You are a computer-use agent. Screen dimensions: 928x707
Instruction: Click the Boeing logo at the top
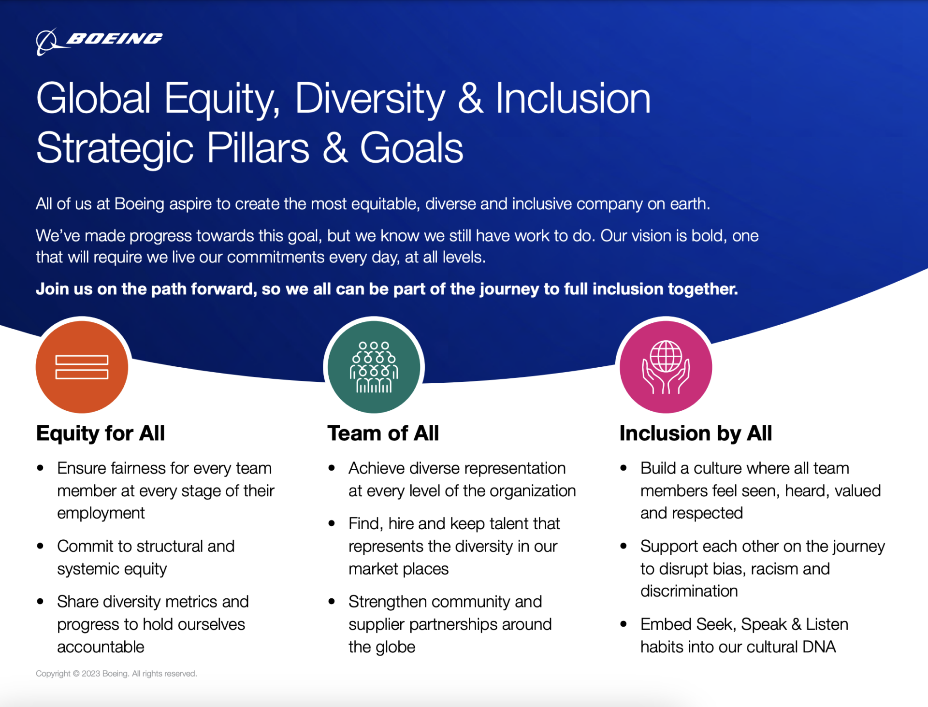(x=99, y=41)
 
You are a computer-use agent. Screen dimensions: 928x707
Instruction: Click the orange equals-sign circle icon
(x=82, y=367)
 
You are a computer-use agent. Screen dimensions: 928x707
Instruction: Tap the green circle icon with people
(x=374, y=367)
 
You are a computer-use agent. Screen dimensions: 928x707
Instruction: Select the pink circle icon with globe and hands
(x=666, y=367)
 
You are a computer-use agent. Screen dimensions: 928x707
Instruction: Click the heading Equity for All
(x=101, y=433)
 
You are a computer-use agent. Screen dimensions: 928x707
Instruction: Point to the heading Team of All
(x=383, y=433)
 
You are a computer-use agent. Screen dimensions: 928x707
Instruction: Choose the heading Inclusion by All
(x=696, y=433)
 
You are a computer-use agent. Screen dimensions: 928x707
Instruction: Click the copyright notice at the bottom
(x=116, y=674)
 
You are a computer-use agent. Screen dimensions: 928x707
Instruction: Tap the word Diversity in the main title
(x=370, y=99)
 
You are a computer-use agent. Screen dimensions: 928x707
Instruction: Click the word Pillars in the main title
(x=258, y=148)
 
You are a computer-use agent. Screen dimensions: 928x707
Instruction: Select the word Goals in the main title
(x=411, y=148)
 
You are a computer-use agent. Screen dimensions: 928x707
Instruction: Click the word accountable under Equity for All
(x=101, y=647)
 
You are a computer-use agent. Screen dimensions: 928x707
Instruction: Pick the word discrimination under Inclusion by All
(x=689, y=591)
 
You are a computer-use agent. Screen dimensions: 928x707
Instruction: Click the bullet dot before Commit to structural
(x=41, y=546)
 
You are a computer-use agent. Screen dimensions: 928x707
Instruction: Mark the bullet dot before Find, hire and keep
(x=332, y=524)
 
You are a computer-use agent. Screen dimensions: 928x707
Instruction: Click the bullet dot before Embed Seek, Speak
(x=624, y=624)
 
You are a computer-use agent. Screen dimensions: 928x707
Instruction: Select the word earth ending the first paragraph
(x=690, y=204)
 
